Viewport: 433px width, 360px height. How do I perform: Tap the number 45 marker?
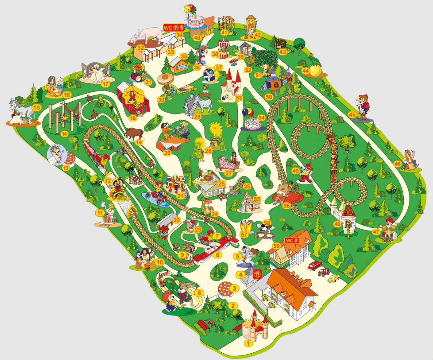(x=352, y=115)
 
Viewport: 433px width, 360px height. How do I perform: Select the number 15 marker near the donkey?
(x=37, y=107)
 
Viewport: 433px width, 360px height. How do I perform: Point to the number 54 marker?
(x=262, y=118)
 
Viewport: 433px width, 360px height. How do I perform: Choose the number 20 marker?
(x=167, y=152)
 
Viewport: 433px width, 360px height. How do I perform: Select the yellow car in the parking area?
(x=333, y=278)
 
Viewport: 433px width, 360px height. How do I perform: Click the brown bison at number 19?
(x=133, y=134)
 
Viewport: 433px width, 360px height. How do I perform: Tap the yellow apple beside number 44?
(x=315, y=71)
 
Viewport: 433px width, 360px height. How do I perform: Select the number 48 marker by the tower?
(x=338, y=224)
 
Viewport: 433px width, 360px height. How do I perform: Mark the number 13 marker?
(x=66, y=168)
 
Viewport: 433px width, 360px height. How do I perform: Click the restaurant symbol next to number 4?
(x=258, y=274)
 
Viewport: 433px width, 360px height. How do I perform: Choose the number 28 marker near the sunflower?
(x=207, y=151)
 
